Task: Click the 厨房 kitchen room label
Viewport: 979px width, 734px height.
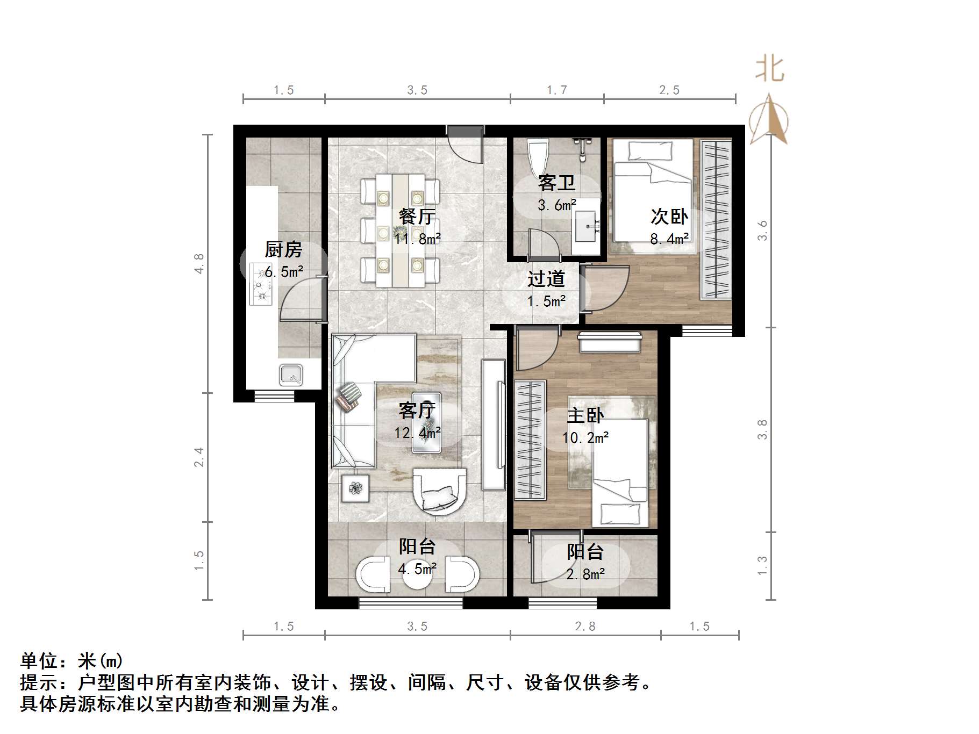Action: point(283,249)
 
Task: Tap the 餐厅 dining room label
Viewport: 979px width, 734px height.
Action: point(417,216)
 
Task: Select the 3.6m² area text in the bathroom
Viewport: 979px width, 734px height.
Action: point(556,205)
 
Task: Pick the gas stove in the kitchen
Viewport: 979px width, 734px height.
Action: point(261,285)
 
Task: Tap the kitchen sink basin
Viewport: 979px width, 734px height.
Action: point(291,375)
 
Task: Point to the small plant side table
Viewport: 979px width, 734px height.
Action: point(355,488)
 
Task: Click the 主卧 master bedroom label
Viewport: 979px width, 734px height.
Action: point(585,415)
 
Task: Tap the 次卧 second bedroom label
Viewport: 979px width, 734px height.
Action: point(669,217)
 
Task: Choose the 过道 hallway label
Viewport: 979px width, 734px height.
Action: point(546,279)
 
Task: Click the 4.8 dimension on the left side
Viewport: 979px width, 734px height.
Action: point(199,264)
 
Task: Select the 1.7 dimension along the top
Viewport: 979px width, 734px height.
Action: point(556,90)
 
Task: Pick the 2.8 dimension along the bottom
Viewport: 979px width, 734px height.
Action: point(585,627)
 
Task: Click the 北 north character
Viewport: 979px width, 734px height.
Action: point(769,70)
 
